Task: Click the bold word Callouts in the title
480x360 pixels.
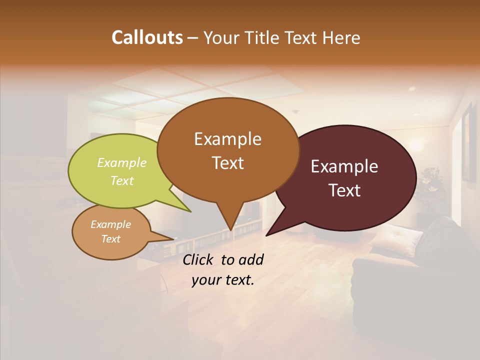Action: [x=147, y=37]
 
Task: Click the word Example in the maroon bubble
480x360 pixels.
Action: [x=344, y=166]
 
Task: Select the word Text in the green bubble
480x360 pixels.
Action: [x=122, y=180]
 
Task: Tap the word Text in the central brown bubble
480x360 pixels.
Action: [x=227, y=163]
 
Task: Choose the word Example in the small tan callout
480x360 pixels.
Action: [x=110, y=224]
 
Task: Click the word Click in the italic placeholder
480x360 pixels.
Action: [x=199, y=259]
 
